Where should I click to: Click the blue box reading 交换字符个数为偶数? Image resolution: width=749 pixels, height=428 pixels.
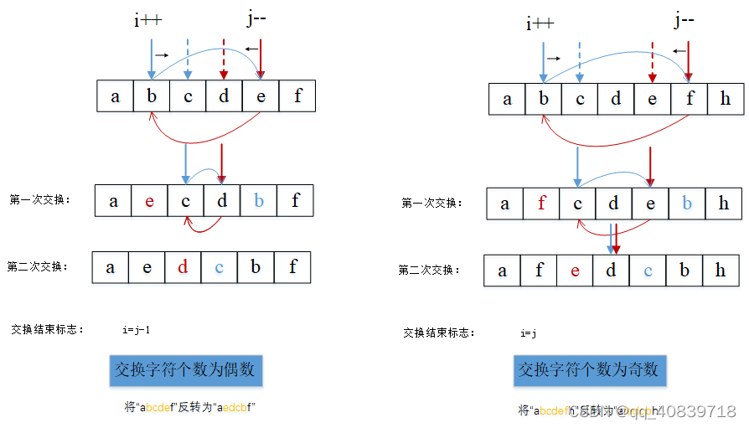pos(187,369)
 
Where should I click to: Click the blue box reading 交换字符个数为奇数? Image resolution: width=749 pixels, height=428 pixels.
pos(589,369)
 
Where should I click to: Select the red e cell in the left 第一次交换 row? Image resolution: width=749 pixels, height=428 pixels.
pos(149,201)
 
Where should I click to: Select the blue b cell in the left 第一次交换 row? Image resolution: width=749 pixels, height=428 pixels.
pos(259,201)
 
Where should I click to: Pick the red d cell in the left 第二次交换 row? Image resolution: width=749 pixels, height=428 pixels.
pos(183,268)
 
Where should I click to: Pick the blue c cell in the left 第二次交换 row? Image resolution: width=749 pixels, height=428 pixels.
pos(220,268)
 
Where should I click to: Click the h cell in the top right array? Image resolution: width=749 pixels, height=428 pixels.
pos(725,99)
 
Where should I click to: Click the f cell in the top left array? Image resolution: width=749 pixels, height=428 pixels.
pos(297,96)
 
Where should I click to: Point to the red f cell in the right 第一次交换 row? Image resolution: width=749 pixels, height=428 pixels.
pos(542,204)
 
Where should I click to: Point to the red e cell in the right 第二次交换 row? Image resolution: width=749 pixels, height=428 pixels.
pos(575,271)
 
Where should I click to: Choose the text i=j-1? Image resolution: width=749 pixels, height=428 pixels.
pos(136,330)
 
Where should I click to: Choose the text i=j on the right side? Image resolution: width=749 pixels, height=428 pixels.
pos(527,333)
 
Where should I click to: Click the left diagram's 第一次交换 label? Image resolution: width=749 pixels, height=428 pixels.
pos(39,200)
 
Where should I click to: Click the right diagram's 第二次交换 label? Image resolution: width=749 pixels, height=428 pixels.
pos(426,270)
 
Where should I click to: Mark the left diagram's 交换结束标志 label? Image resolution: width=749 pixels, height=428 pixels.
pos(48,330)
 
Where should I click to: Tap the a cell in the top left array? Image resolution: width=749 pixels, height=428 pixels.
pos(115,96)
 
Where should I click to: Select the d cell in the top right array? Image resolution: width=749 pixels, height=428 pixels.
pos(616,99)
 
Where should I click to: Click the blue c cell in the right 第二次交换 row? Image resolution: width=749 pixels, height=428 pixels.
pos(648,271)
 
